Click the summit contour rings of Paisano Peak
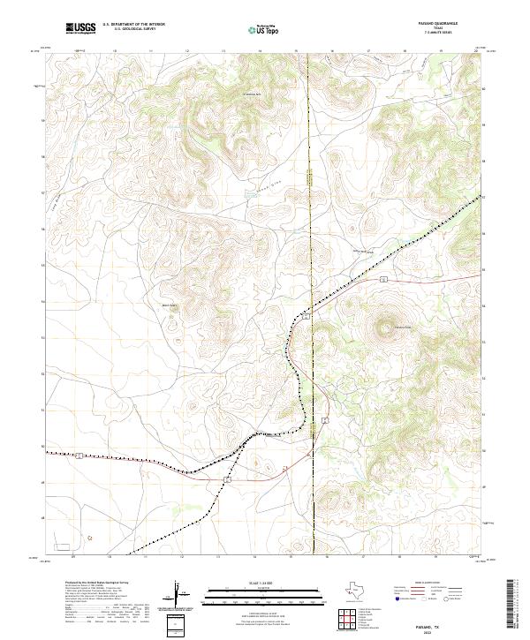[386, 328]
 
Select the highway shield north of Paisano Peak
[384, 279]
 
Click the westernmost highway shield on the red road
[79, 455]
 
